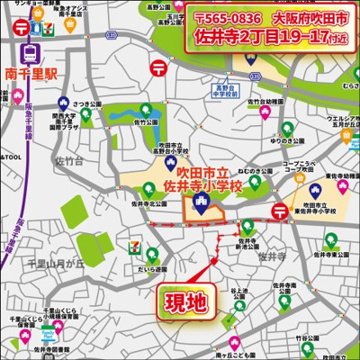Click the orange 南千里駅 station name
click(31, 72)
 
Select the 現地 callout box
click(184, 301)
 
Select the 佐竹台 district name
click(70, 162)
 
